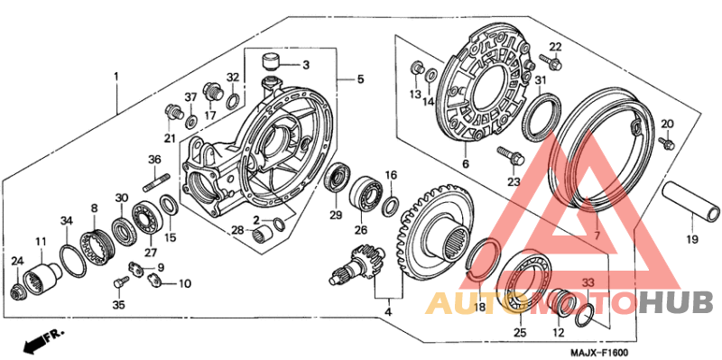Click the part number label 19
[x=692, y=239]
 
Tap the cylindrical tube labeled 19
[x=690, y=200]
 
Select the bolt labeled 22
[x=551, y=61]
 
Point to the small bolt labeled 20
[x=666, y=143]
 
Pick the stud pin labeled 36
[x=156, y=182]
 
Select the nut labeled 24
[x=17, y=291]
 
